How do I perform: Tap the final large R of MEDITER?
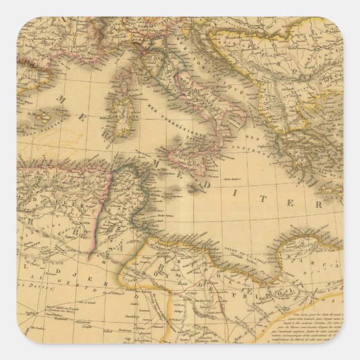point(319,204)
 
